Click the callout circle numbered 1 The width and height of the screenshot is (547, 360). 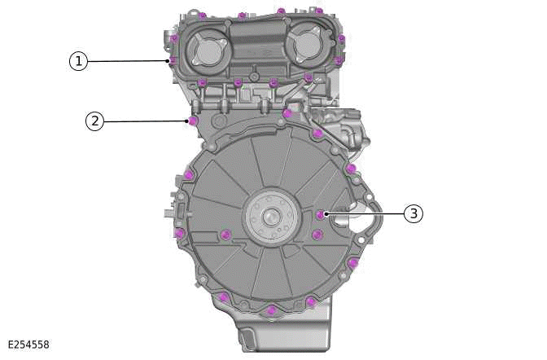click(x=78, y=61)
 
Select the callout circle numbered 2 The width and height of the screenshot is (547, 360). click(x=95, y=121)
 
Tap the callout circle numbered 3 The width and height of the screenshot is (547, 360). click(x=414, y=214)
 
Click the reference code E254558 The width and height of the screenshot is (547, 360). click(x=28, y=345)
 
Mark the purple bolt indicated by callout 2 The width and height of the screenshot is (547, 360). click(x=193, y=121)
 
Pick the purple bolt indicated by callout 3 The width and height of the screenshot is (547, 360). click(x=320, y=215)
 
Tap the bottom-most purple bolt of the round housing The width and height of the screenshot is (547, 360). click(x=270, y=310)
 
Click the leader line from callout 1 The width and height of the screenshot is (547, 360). click(x=126, y=61)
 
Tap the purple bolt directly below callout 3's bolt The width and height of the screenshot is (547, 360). click(x=317, y=235)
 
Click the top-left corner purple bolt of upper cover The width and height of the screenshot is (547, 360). click(x=200, y=15)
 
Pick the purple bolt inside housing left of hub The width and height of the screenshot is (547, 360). click(x=226, y=236)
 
